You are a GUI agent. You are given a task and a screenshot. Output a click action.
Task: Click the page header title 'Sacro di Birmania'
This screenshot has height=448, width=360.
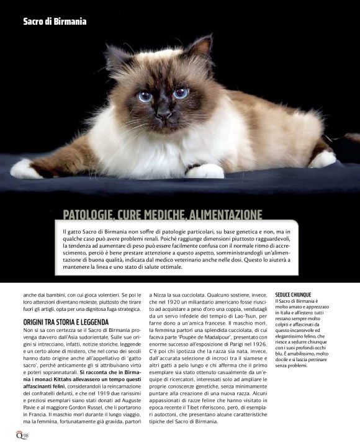[55, 21]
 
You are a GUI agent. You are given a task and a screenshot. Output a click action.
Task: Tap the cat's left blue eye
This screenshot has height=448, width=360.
[145, 96]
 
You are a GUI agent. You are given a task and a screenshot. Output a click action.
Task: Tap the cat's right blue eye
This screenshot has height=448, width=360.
[181, 93]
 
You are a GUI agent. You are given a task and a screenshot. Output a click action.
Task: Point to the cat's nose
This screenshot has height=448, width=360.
[164, 114]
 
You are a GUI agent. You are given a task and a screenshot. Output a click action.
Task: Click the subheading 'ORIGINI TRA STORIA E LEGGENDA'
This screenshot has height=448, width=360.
[65, 322]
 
